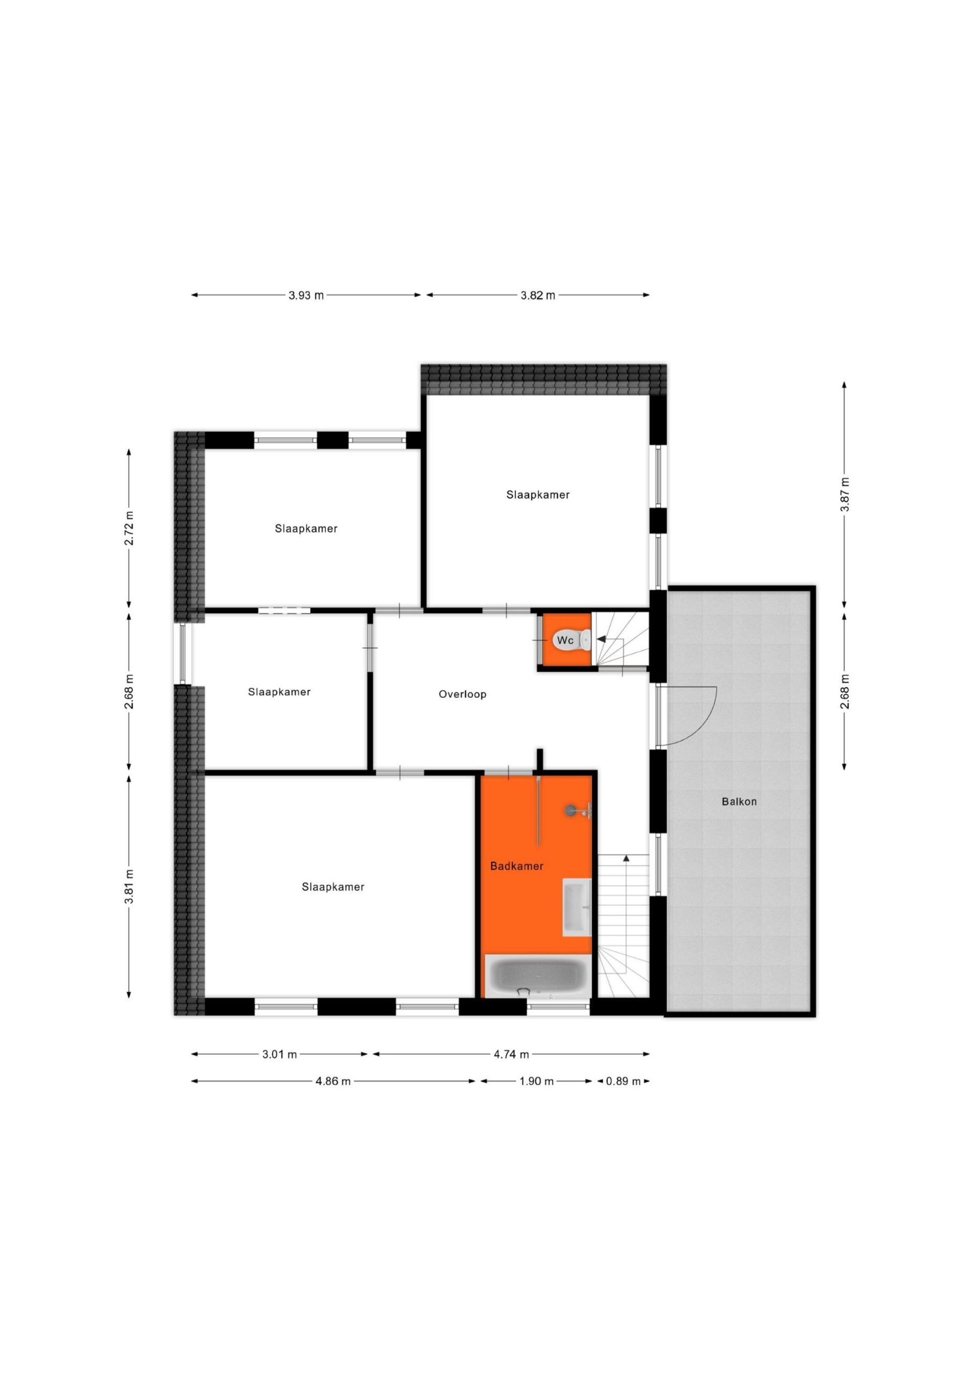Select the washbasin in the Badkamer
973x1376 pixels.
(x=577, y=907)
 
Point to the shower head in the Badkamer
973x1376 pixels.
(x=571, y=810)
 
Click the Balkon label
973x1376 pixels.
(x=739, y=801)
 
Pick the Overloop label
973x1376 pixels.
(x=462, y=694)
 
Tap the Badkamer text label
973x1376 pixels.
(x=517, y=866)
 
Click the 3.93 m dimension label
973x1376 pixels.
(x=306, y=295)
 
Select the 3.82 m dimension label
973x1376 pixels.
(x=538, y=295)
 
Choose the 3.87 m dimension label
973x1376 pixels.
(x=844, y=494)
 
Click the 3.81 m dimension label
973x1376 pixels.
(x=129, y=886)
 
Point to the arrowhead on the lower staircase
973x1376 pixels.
(x=626, y=858)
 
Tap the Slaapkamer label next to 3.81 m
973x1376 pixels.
(x=333, y=887)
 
